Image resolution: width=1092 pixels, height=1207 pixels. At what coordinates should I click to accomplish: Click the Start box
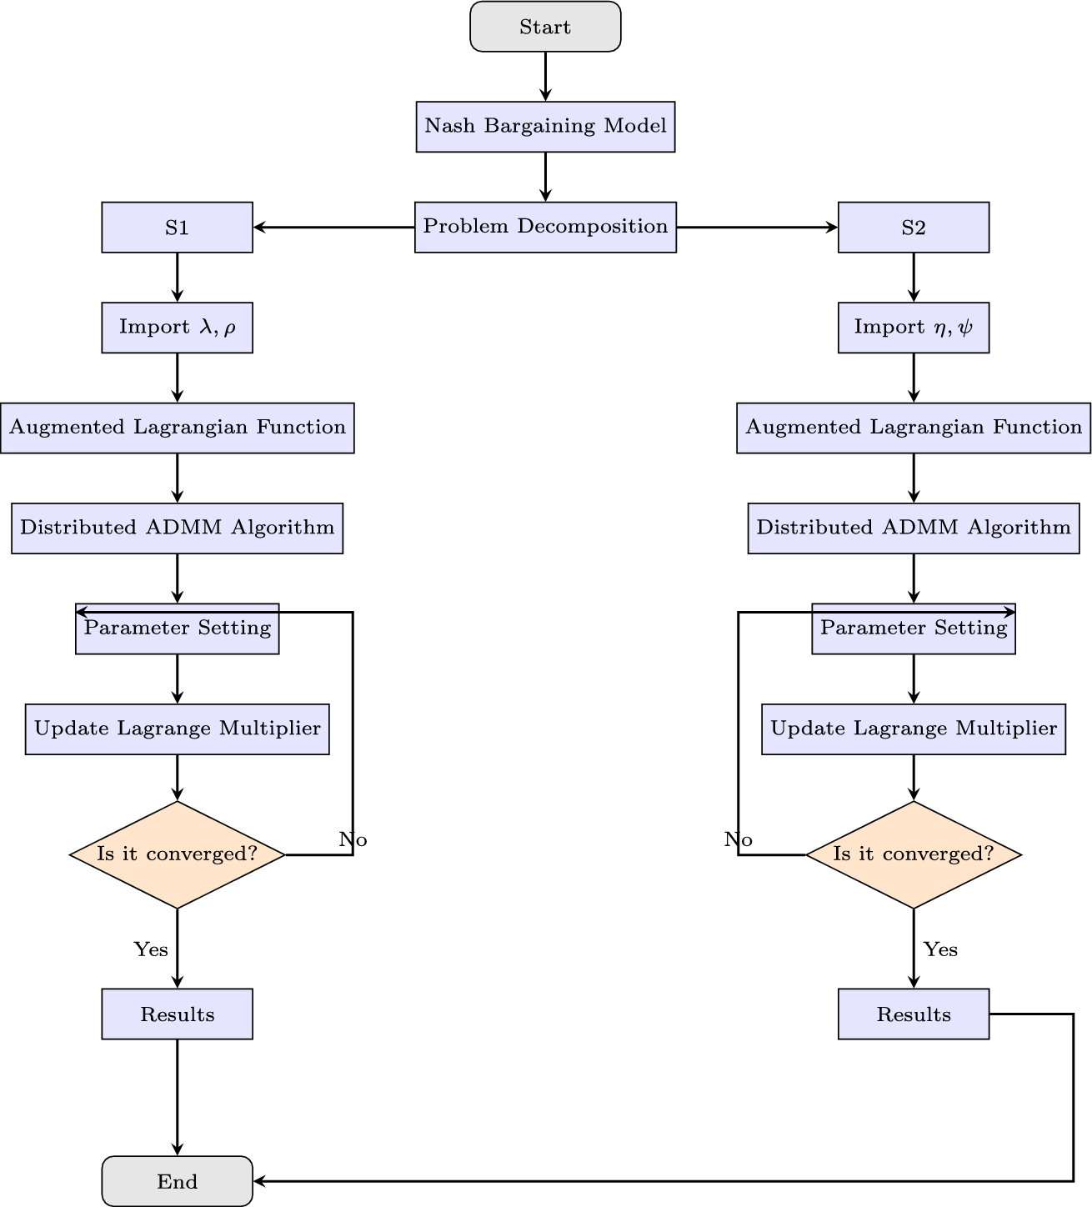click(x=545, y=27)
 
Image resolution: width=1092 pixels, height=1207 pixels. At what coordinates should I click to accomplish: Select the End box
click(x=177, y=1181)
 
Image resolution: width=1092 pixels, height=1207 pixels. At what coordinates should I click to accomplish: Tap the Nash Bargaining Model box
click(x=545, y=127)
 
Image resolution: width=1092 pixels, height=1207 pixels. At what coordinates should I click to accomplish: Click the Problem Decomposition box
click(x=545, y=227)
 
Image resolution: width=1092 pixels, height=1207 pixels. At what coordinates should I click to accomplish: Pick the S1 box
click(x=177, y=228)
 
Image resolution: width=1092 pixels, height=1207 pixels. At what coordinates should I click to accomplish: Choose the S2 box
click(x=914, y=228)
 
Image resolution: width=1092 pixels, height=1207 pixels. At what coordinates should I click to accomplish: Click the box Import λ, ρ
click(x=177, y=328)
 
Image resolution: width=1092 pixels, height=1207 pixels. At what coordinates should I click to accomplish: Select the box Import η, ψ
click(x=914, y=328)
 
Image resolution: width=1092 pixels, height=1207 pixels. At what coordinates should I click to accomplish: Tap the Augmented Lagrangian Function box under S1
click(x=177, y=428)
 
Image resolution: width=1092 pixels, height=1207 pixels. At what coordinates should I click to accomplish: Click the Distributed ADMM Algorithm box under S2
click(x=914, y=528)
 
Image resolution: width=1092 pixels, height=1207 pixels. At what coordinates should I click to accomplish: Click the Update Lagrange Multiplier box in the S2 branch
click(x=914, y=729)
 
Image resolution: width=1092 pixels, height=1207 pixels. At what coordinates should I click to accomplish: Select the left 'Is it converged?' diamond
click(x=177, y=854)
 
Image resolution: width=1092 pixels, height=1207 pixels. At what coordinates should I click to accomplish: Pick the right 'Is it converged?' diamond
click(x=914, y=854)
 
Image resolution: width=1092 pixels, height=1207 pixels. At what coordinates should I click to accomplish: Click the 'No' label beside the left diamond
click(x=353, y=839)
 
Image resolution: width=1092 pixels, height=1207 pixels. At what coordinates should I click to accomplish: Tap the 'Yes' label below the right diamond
click(x=940, y=949)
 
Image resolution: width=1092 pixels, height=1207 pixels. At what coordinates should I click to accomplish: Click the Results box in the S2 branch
click(x=914, y=1014)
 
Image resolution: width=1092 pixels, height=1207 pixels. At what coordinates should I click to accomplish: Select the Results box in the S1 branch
click(x=177, y=1014)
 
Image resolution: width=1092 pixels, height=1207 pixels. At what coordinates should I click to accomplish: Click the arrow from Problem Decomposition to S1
click(x=333, y=227)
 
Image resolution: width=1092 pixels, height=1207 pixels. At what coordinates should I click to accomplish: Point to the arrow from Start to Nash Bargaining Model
click(x=545, y=77)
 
